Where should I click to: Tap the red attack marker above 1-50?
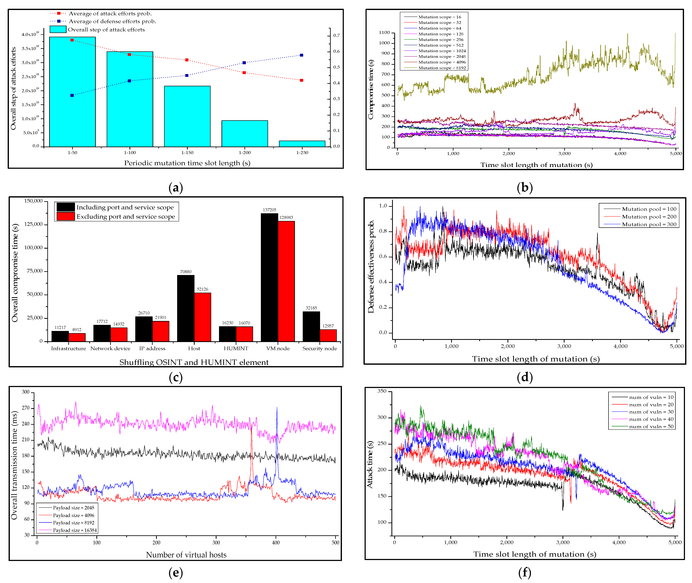coord(72,40)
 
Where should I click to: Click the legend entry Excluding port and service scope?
coord(126,216)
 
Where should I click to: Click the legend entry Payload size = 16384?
coord(75,530)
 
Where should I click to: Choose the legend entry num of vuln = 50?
coord(651,426)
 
